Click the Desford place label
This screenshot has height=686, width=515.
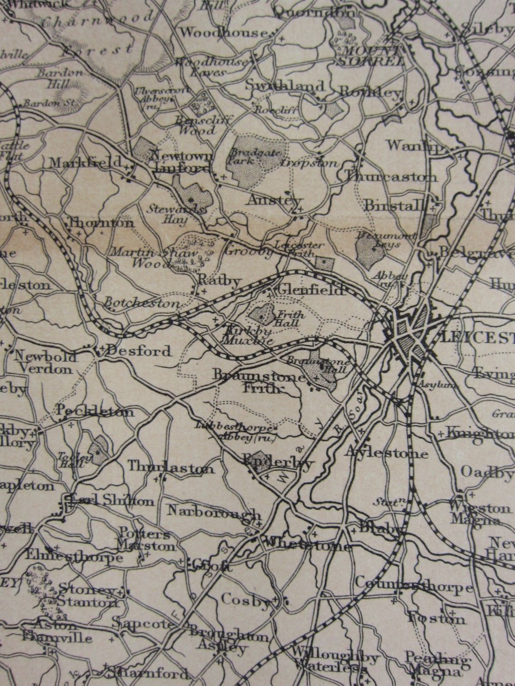(x=138, y=352)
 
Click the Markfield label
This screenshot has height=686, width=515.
(x=86, y=163)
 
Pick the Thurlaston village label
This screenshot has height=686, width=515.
(x=170, y=467)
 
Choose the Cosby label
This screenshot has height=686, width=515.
(x=245, y=599)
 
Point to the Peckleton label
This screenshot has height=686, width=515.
(x=95, y=412)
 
